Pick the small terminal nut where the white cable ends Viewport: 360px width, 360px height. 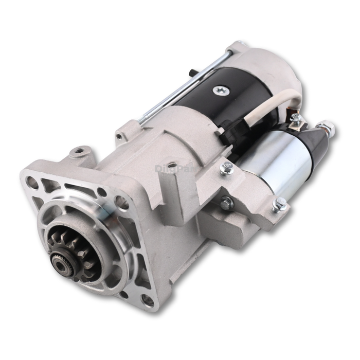pyautogui.click(x=295, y=118)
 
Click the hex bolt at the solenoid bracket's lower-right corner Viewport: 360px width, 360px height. pyautogui.click(x=280, y=205)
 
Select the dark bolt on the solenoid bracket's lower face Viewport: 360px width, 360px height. pyautogui.click(x=226, y=203)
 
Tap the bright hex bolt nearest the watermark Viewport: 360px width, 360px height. pyautogui.click(x=226, y=167)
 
